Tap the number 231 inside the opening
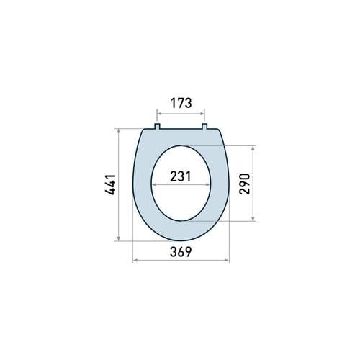[x=181, y=176]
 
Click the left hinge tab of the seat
[x=157, y=127]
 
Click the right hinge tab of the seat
[x=205, y=127]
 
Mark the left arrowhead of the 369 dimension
[x=135, y=260]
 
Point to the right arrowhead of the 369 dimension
[x=227, y=260]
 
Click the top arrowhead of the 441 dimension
[x=117, y=132]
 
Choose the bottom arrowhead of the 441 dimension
[x=117, y=240]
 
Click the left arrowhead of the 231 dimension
[x=153, y=184]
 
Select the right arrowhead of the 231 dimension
[x=209, y=184]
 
